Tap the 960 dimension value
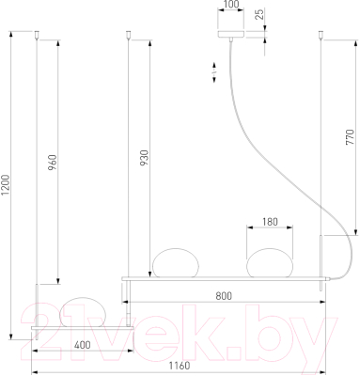tap(53, 163)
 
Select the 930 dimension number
tap(144, 158)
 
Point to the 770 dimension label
tap(350, 137)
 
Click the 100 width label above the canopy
tap(231, 5)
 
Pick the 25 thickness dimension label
tap(259, 15)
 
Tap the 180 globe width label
tap(270, 222)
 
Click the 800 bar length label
tap(224, 296)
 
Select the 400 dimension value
tap(82, 345)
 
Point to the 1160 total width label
tap(180, 366)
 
